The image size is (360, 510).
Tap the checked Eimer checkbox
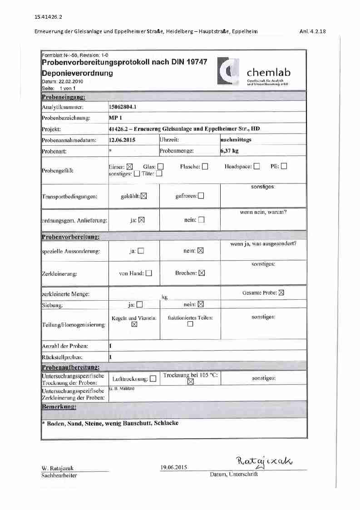129,167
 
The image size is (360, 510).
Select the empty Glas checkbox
160,167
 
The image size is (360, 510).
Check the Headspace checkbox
256,166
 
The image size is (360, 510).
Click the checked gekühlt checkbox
144,196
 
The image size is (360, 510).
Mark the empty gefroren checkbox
201,196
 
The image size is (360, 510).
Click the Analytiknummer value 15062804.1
123,107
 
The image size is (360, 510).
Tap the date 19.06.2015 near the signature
173,467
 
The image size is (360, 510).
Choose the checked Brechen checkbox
202,273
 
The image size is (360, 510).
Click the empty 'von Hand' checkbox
148,273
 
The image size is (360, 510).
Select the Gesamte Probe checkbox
281,293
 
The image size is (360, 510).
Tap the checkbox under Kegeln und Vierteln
134,325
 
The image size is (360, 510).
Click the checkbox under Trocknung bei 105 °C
191,382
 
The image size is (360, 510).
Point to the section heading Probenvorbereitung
71,237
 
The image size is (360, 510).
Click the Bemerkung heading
59,406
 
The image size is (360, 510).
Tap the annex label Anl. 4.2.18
313,31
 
